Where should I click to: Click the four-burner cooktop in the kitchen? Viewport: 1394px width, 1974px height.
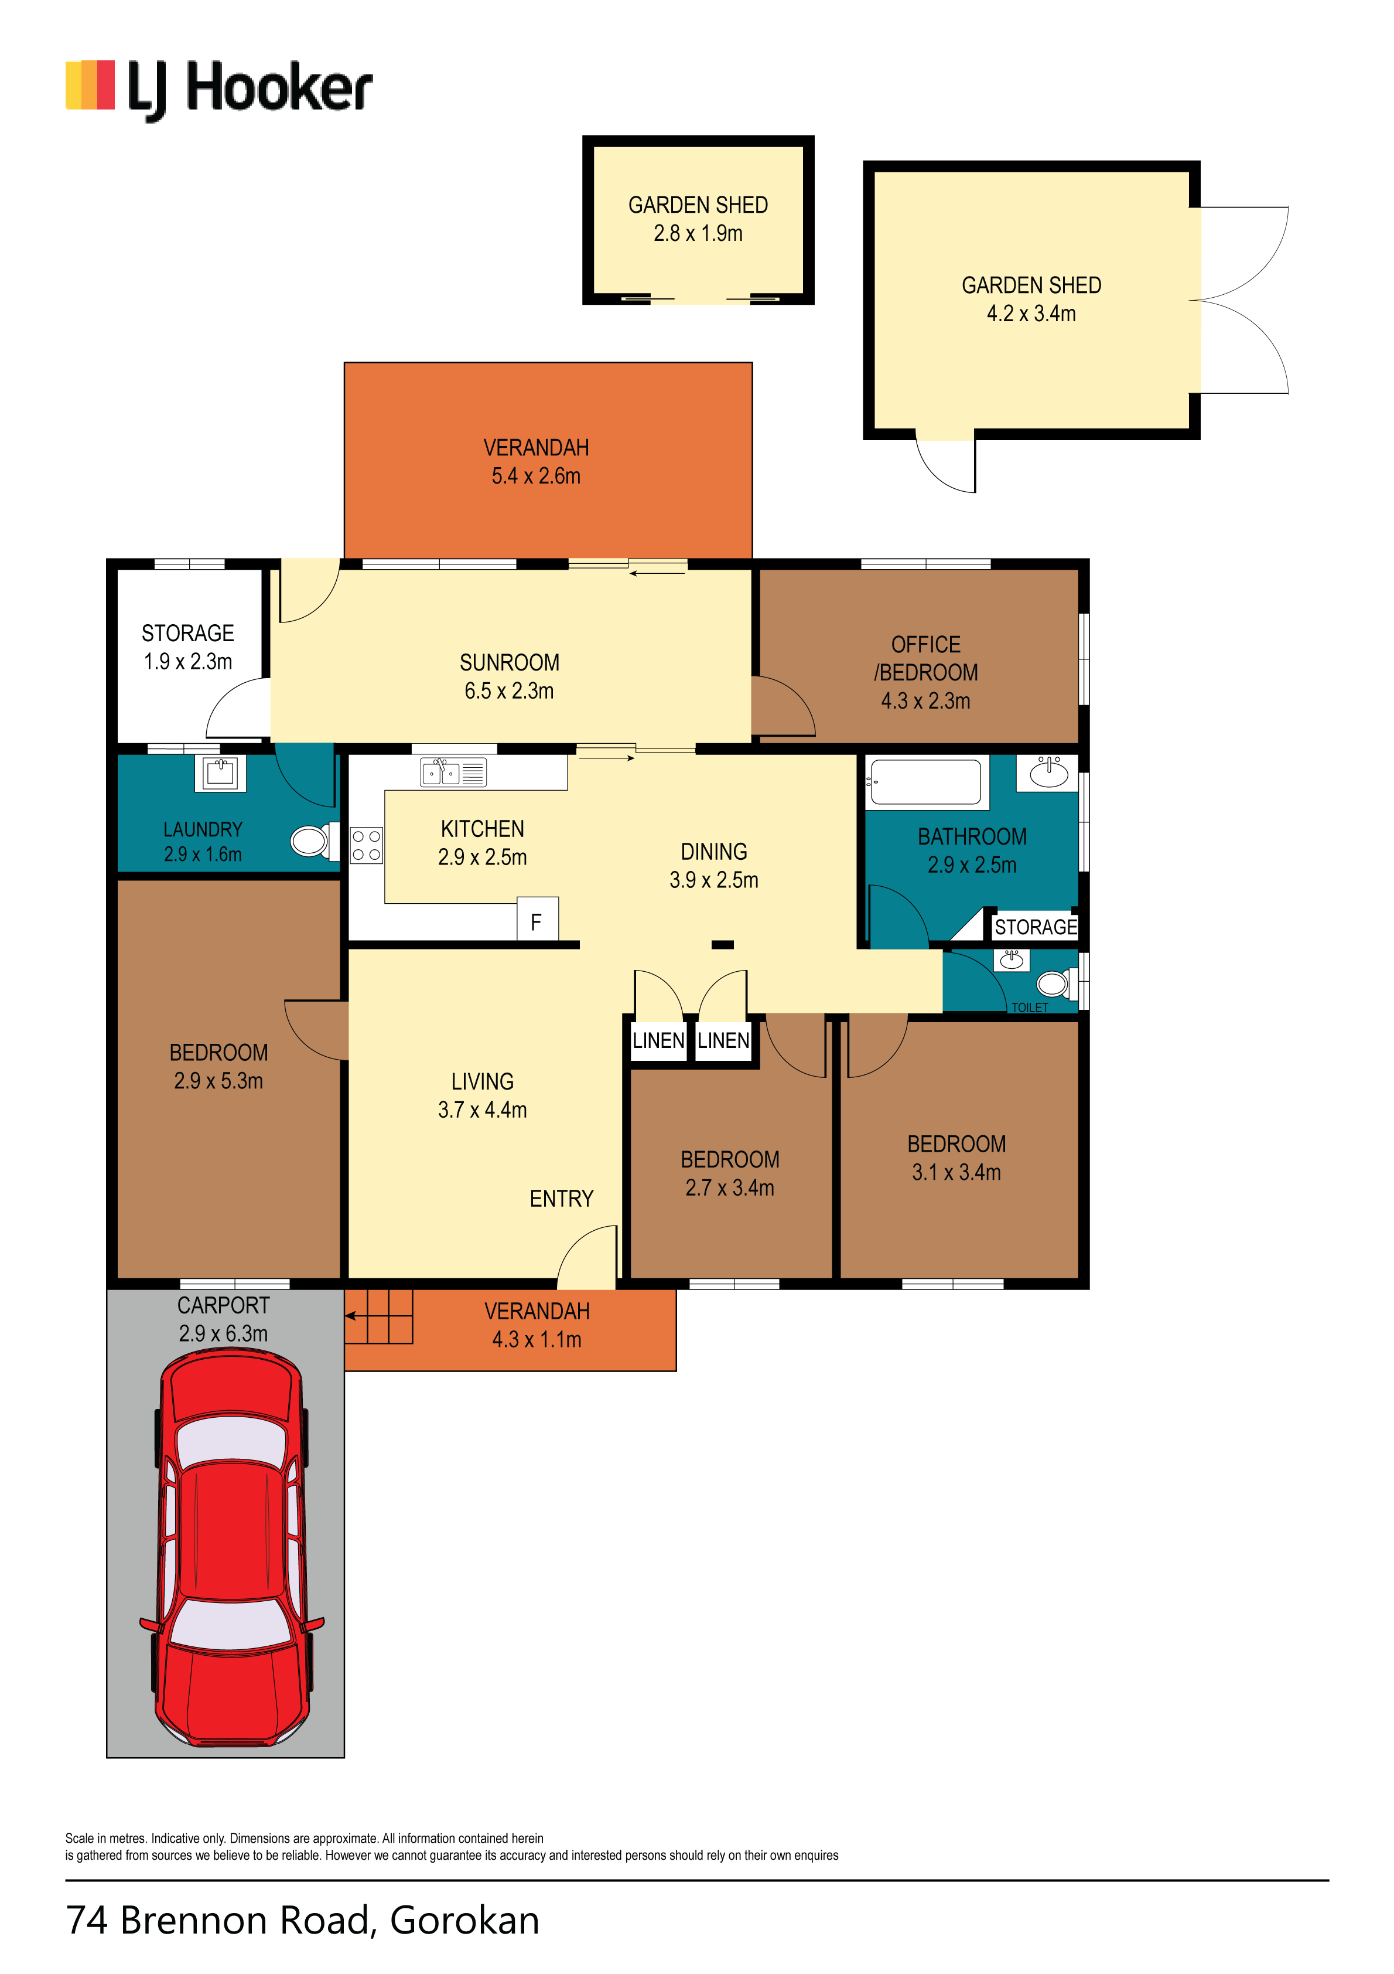point(366,844)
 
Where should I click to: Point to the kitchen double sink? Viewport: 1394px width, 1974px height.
point(452,772)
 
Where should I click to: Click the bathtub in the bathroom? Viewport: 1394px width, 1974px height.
point(925,781)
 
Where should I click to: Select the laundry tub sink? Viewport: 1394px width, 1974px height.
point(221,772)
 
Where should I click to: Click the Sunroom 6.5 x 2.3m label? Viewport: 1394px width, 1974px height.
point(510,676)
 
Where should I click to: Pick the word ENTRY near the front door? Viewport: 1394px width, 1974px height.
point(561,1199)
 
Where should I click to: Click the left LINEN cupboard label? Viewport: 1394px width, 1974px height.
point(658,1040)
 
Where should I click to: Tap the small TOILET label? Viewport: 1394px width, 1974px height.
point(1030,1008)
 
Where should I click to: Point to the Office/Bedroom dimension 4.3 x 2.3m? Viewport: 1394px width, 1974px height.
point(925,701)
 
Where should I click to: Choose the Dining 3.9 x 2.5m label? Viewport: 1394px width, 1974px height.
point(714,866)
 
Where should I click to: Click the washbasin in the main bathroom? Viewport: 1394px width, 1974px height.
point(1048,773)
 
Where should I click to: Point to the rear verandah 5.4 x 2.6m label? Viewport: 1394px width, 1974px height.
point(537,462)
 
